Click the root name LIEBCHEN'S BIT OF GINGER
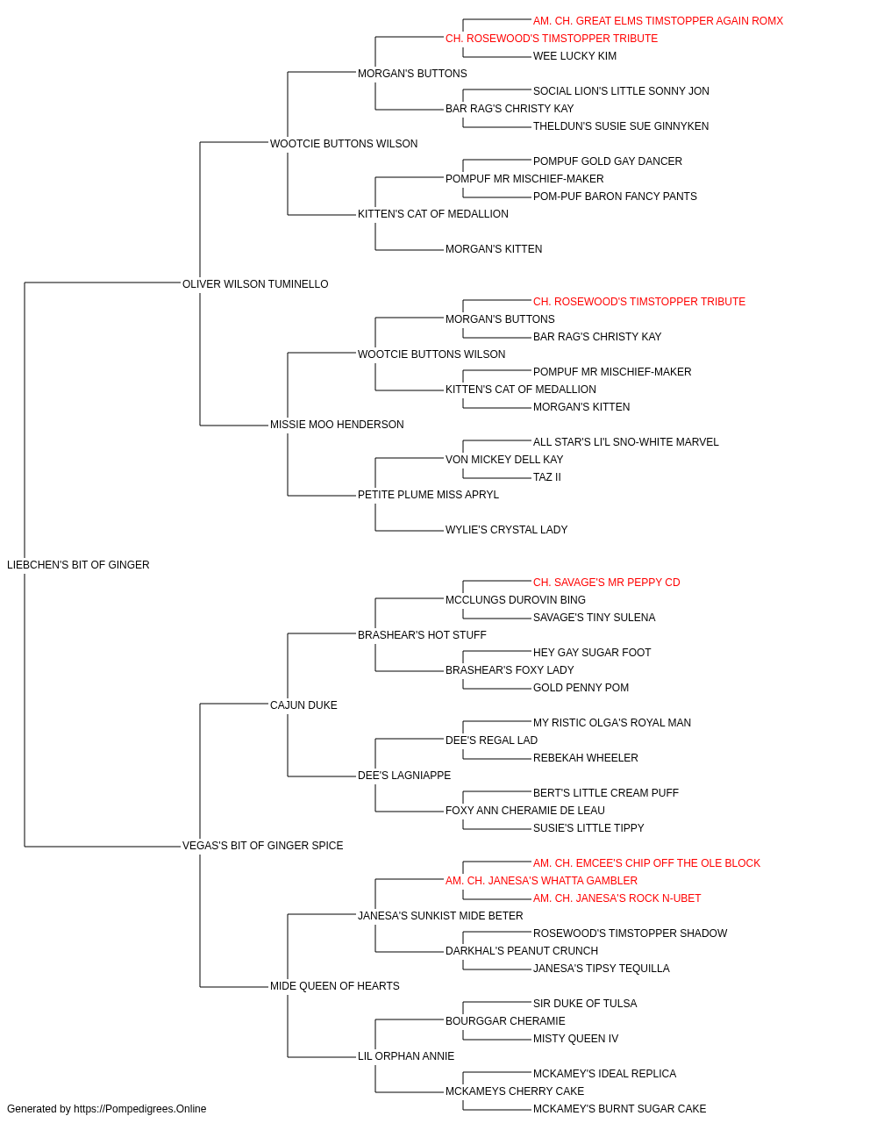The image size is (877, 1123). click(x=78, y=565)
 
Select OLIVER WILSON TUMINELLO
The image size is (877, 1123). click(x=255, y=284)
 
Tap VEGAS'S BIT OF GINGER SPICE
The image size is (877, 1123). click(x=262, y=846)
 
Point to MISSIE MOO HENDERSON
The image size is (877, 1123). click(x=337, y=425)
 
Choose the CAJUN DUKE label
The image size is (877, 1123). click(x=303, y=705)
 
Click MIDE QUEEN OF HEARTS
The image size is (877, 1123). click(x=335, y=985)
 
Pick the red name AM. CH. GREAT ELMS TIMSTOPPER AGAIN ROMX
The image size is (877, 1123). click(x=658, y=21)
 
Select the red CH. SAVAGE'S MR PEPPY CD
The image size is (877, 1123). click(x=606, y=582)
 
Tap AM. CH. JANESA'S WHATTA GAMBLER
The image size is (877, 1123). click(x=541, y=880)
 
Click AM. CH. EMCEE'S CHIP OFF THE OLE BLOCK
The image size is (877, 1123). click(x=646, y=862)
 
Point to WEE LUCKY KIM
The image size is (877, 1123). click(x=574, y=56)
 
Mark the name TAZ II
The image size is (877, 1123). click(x=546, y=477)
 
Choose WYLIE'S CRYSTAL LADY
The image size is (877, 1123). click(x=506, y=530)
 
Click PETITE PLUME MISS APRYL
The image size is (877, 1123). click(x=428, y=495)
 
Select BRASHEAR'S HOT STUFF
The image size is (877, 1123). click(x=422, y=634)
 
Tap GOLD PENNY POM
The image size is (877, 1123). click(x=581, y=687)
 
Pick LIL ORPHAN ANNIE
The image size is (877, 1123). click(x=406, y=1055)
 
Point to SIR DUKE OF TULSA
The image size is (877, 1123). click(x=585, y=1003)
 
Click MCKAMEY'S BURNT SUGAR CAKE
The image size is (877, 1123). click(x=619, y=1109)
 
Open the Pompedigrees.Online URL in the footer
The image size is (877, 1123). click(x=139, y=1109)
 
